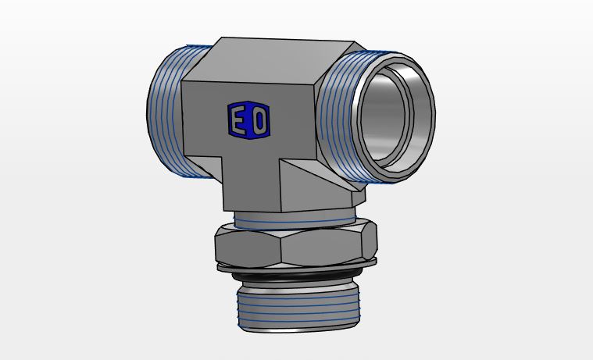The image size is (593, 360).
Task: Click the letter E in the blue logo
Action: coord(238,119)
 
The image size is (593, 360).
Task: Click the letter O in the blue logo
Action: coord(260,120)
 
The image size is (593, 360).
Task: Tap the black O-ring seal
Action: coord(297,276)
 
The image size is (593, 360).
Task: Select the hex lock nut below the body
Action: coord(296,244)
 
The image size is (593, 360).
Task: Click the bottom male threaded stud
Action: coord(298,308)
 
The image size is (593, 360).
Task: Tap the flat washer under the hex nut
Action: coord(297,266)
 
